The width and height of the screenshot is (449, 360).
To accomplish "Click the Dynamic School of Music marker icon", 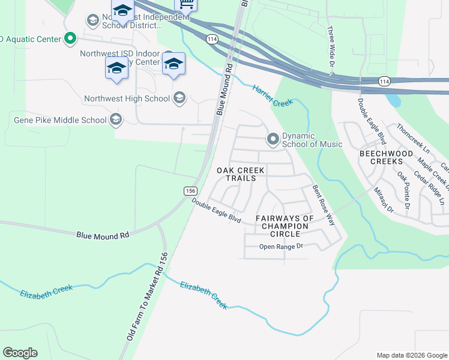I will (x=273, y=139).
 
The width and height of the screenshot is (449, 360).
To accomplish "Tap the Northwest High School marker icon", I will (x=179, y=98).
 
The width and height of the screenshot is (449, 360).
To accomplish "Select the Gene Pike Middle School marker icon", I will (x=115, y=119).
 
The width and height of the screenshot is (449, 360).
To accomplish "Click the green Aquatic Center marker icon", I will (x=70, y=39).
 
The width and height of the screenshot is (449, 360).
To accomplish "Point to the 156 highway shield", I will (x=190, y=190).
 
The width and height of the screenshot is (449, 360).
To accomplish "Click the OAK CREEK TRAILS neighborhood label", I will (x=240, y=174).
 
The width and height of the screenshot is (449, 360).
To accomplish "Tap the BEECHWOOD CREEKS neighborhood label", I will (x=386, y=158).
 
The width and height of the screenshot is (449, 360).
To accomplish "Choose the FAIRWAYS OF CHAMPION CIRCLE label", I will (x=285, y=222).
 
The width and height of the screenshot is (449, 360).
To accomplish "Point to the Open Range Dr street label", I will (x=282, y=247).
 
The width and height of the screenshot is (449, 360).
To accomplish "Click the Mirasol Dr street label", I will (x=383, y=200).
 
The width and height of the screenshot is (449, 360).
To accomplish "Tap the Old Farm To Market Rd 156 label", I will (x=146, y=297).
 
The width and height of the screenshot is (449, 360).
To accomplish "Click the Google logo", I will (x=20, y=353).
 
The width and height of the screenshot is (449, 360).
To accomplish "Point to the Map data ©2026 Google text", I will (x=411, y=355).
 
